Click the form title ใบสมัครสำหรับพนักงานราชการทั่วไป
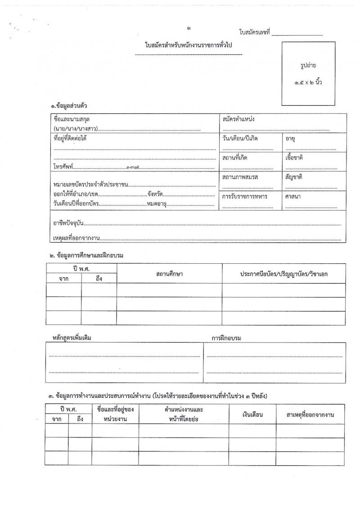189,45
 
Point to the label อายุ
290,138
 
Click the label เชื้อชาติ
295,158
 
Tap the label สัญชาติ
294,177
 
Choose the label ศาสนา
292,196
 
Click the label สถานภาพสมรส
240,177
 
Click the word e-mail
134,167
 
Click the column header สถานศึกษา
169,274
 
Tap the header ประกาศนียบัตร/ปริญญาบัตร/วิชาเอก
283,274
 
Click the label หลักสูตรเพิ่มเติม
72,338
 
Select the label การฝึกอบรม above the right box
226,338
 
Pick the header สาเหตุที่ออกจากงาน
310,414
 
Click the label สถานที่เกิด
234,158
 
